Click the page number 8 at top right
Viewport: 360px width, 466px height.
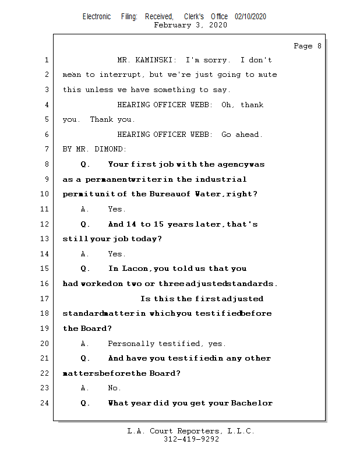(319, 46)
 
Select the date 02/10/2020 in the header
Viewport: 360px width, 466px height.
(250, 17)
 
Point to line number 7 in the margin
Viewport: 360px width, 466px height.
(47, 149)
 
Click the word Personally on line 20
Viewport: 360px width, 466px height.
(130, 344)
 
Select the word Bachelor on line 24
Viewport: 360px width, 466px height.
(252, 403)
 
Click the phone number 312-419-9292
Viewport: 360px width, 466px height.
(191, 440)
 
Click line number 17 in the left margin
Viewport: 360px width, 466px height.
(45, 299)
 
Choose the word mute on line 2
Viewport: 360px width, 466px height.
(267, 75)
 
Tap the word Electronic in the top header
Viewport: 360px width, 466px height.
(97, 17)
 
